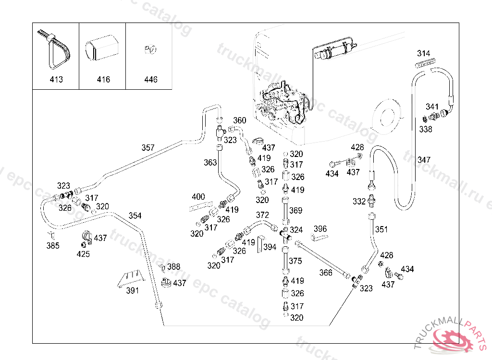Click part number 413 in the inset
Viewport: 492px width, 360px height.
56,80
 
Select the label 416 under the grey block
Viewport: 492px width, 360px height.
103,80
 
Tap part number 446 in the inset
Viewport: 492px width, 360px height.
150,80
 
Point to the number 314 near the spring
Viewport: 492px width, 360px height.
423,53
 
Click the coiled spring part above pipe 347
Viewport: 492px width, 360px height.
425,63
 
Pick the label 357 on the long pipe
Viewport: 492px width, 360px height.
148,148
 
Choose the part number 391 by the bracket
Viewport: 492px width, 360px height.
132,290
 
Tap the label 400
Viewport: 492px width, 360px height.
198,197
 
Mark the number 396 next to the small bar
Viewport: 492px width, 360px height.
320,228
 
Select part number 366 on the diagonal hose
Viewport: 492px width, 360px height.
326,273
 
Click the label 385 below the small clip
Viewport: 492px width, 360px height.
53,246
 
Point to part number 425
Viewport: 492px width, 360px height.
83,254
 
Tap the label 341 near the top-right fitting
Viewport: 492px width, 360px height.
432,107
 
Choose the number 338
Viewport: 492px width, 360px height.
425,129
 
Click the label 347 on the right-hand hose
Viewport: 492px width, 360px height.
424,160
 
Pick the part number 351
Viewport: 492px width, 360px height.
381,229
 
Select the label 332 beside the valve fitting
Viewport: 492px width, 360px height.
359,202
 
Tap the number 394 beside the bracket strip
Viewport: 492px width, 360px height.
270,247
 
